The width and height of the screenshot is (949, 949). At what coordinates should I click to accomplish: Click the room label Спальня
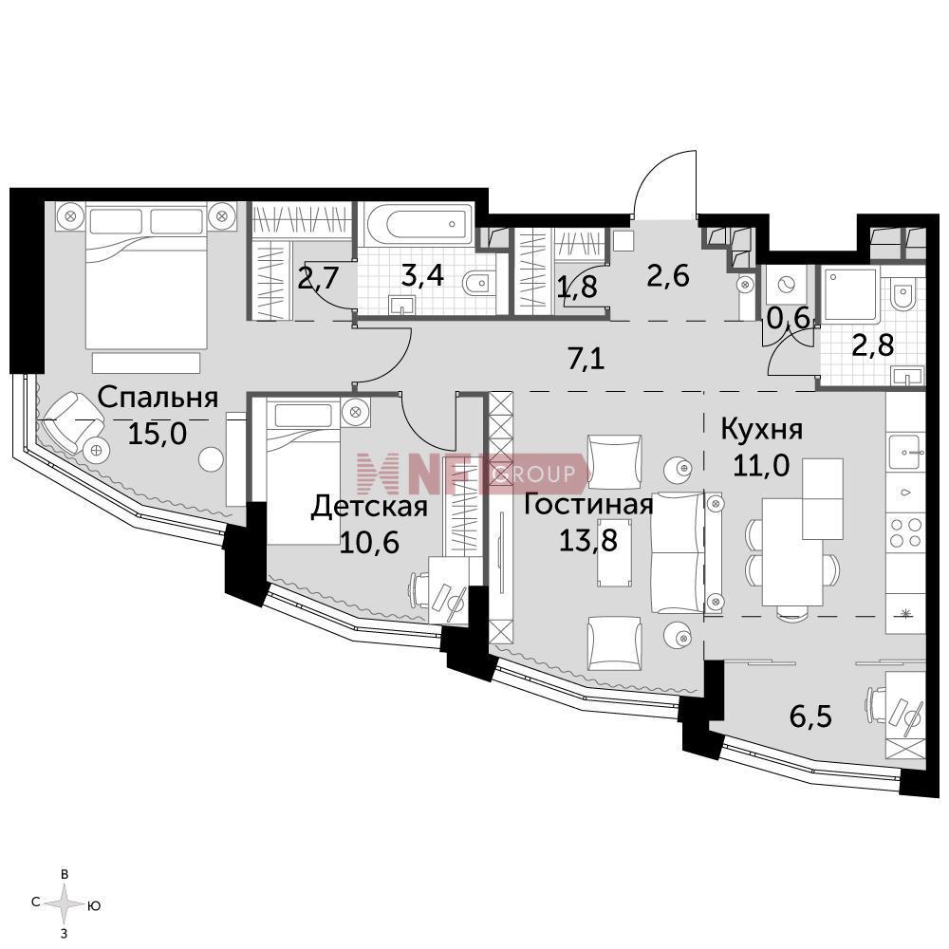pyautogui.click(x=158, y=399)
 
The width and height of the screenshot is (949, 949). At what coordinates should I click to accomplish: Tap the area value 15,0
pyautogui.click(x=158, y=433)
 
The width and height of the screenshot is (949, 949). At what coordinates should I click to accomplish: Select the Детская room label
pyautogui.click(x=369, y=507)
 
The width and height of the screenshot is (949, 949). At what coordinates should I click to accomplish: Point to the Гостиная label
pyautogui.click(x=587, y=504)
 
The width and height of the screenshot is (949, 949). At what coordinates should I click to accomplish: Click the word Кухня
pyautogui.click(x=761, y=430)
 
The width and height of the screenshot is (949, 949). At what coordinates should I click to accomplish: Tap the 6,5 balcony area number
pyautogui.click(x=811, y=716)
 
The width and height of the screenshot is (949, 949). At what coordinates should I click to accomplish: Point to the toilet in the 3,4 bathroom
pyautogui.click(x=478, y=283)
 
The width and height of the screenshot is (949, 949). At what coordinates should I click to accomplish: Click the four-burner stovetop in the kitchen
pyautogui.click(x=905, y=532)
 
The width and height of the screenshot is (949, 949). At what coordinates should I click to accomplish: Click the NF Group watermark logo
pyautogui.click(x=472, y=474)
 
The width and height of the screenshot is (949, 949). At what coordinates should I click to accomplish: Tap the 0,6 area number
pyautogui.click(x=789, y=318)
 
